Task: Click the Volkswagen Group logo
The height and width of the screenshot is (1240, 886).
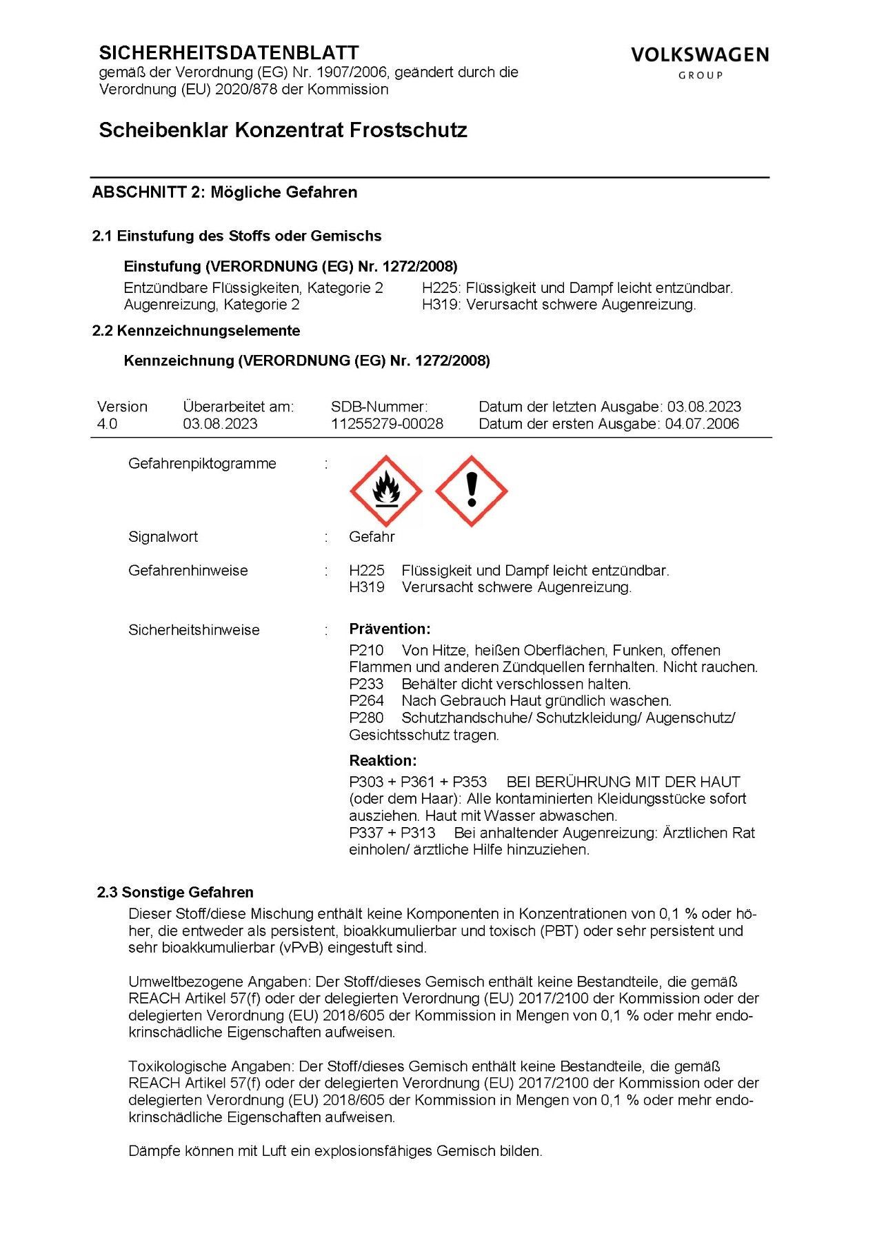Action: coord(700,61)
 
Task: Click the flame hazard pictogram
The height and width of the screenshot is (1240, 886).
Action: coord(386,491)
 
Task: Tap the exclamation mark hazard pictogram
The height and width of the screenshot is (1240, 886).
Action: coord(472,491)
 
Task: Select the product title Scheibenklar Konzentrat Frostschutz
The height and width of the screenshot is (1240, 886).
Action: coord(283,130)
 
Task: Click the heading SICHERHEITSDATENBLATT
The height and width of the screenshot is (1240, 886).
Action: coord(229,53)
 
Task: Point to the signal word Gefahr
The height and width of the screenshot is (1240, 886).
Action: coord(372,537)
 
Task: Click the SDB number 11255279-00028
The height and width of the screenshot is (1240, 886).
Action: coord(387,424)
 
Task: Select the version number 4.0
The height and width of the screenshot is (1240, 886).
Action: coord(108,424)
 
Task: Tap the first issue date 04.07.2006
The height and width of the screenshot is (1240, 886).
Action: coord(702,424)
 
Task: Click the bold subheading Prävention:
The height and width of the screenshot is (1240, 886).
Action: coord(390,629)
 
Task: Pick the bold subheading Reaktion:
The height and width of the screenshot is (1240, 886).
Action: coord(383,761)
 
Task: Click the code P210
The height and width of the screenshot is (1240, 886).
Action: coord(366,650)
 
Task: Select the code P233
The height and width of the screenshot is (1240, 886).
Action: coord(366,684)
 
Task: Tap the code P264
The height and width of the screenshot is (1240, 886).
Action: coord(366,701)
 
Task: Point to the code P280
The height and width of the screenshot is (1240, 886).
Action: coord(366,718)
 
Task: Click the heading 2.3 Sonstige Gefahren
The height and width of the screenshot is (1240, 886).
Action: coord(175,893)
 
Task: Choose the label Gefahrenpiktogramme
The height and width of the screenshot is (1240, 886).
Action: coord(202,464)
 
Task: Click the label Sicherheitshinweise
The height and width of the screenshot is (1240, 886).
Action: coord(194,630)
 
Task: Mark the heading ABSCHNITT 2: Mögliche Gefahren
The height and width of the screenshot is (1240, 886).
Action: coord(225,192)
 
